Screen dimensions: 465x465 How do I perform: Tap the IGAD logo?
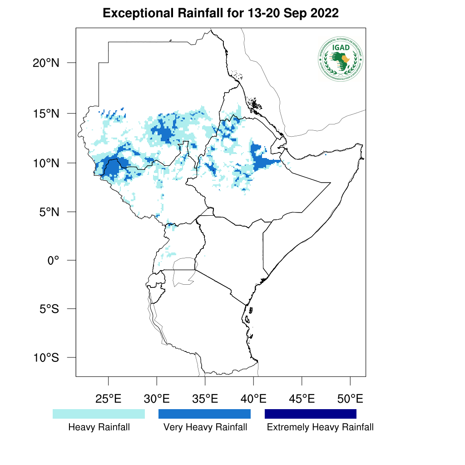pos(341,59)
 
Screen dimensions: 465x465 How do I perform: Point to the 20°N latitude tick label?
pos(46,63)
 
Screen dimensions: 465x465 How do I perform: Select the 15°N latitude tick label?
pos(46,114)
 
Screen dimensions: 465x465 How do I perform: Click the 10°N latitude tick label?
pos(46,163)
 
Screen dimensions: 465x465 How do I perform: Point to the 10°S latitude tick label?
pos(46,358)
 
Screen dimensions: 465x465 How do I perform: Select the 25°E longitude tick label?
pos(108,400)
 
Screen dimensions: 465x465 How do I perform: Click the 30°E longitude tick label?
pos(157,400)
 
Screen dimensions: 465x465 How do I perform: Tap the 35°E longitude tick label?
pos(205,400)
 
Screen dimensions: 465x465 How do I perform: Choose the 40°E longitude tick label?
pos(253,400)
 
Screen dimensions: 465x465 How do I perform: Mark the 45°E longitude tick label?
pos(302,400)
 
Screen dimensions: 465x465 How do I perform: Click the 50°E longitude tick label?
pos(350,400)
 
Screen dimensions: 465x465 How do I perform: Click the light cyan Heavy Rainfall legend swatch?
pos(99,414)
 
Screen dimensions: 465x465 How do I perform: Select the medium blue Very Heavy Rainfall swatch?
pos(204,414)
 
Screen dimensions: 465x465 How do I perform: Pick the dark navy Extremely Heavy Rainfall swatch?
pos(311,414)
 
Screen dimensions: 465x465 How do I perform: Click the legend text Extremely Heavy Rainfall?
pos(320,427)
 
